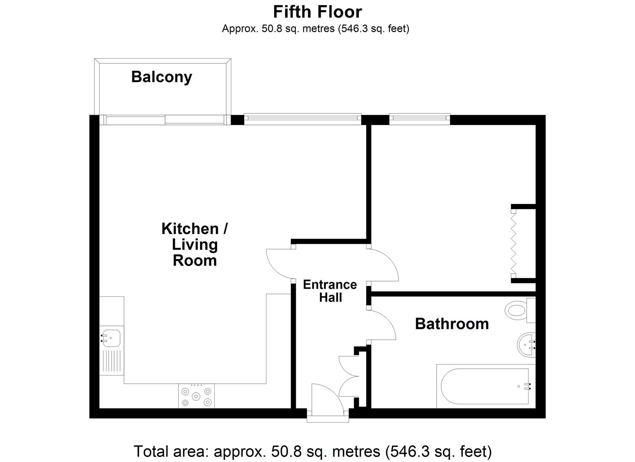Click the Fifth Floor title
pyautogui.click(x=317, y=12)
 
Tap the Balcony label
pyautogui.click(x=162, y=77)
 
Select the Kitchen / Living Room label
pyautogui.click(x=195, y=244)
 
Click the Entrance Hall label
pyautogui.click(x=330, y=291)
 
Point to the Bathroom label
pyautogui.click(x=452, y=324)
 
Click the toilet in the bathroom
pyautogui.click(x=520, y=310)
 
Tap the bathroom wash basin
pyautogui.click(x=526, y=345)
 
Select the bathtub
pyautogui.click(x=486, y=386)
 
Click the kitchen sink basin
pyautogui.click(x=111, y=338)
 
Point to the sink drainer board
pyautogui.click(x=112, y=361)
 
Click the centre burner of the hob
pyautogui.click(x=196, y=396)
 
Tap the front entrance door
pyautogui.click(x=328, y=397)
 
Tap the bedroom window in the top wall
pyautogui.click(x=419, y=119)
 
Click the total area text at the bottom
pyautogui.click(x=313, y=451)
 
